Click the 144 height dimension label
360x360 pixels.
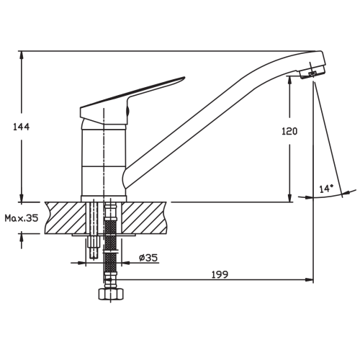(x=21, y=127)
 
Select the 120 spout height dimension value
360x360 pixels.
(x=289, y=131)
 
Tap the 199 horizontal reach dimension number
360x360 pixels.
(x=220, y=274)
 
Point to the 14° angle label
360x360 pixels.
(x=326, y=189)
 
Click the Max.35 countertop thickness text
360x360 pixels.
(x=22, y=218)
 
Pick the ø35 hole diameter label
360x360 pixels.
(x=148, y=258)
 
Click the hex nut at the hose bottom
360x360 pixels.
(x=111, y=294)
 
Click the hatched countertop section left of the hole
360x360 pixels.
(x=66, y=217)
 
